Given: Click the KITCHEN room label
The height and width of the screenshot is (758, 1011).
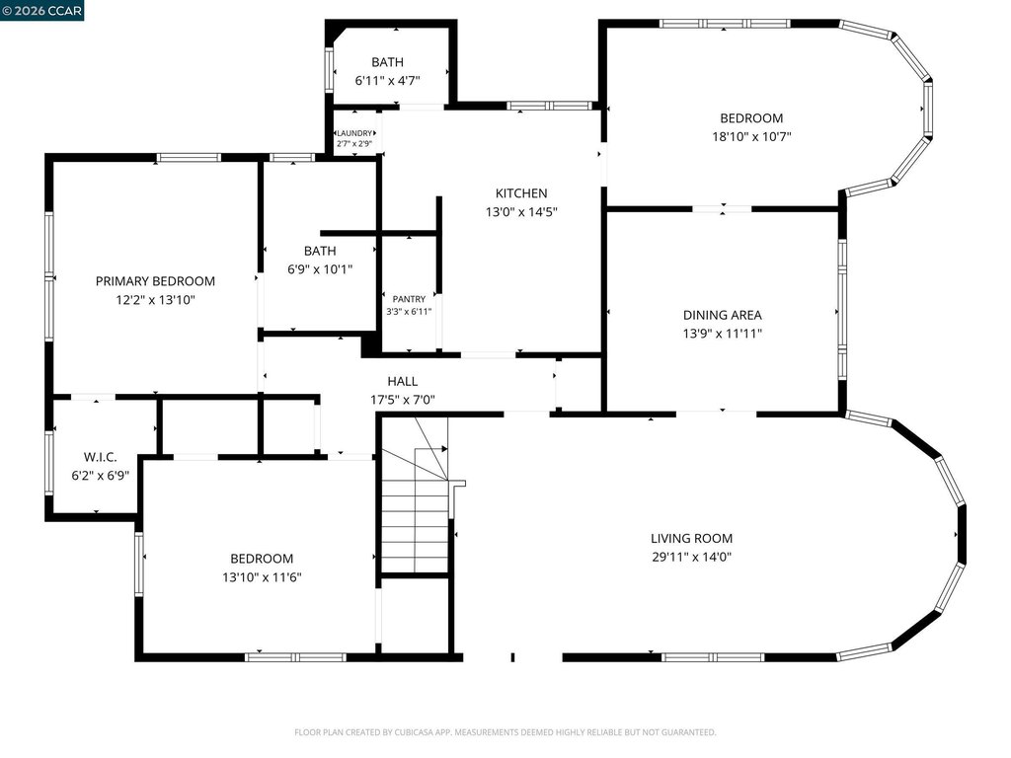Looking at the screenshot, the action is pyautogui.click(x=521, y=193).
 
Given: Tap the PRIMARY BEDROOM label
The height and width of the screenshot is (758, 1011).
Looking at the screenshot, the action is pyautogui.click(x=155, y=281).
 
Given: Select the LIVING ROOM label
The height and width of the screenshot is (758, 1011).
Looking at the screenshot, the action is pyautogui.click(x=691, y=538).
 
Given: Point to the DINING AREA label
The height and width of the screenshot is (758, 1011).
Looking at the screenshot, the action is pyautogui.click(x=722, y=315).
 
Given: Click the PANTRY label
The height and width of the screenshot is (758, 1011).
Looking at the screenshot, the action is pyautogui.click(x=409, y=299).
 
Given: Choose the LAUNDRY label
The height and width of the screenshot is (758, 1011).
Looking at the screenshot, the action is pyautogui.click(x=354, y=133).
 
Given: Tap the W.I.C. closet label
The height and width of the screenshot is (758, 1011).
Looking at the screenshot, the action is pyautogui.click(x=100, y=458).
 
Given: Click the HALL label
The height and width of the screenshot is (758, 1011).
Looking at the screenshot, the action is pyautogui.click(x=403, y=382).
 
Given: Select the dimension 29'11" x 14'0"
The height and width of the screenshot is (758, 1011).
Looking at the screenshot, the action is pyautogui.click(x=691, y=557).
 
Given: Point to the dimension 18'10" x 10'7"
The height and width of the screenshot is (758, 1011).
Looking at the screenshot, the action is pyautogui.click(x=751, y=136).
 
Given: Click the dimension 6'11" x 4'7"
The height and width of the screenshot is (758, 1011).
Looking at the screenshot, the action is pyautogui.click(x=387, y=81).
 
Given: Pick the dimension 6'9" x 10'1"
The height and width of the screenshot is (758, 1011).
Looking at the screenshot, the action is pyautogui.click(x=320, y=269).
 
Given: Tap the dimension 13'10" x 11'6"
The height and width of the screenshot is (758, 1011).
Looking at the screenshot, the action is pyautogui.click(x=262, y=577).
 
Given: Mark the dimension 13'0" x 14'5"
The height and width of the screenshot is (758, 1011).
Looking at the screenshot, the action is pyautogui.click(x=521, y=212).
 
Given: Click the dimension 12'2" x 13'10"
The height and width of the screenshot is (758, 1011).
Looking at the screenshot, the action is pyautogui.click(x=155, y=300).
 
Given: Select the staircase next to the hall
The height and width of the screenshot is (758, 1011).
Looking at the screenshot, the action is pyautogui.click(x=415, y=495).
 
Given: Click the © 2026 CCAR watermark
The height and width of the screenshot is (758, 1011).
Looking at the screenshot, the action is pyautogui.click(x=41, y=10).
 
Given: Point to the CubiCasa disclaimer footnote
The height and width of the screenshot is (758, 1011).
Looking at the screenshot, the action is pyautogui.click(x=505, y=732).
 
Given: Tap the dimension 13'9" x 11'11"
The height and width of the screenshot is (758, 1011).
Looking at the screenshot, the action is pyautogui.click(x=722, y=334).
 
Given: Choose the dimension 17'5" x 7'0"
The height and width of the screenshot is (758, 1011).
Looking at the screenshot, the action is pyautogui.click(x=403, y=401).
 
